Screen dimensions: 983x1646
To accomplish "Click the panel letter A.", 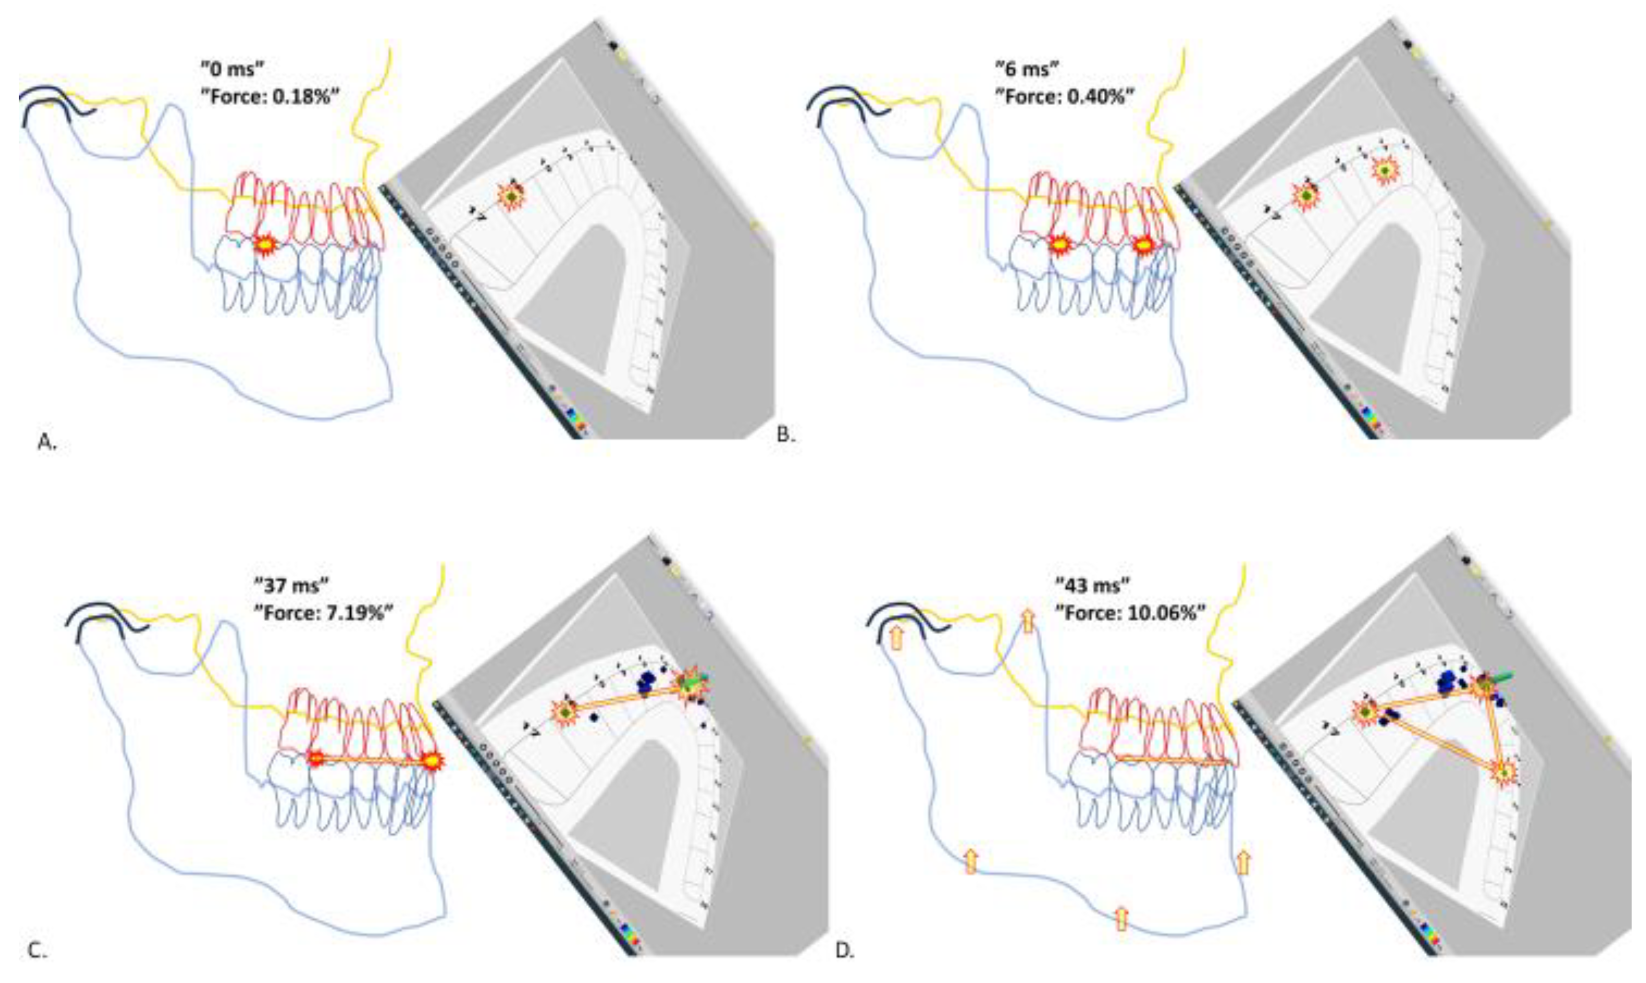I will (47, 443).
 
